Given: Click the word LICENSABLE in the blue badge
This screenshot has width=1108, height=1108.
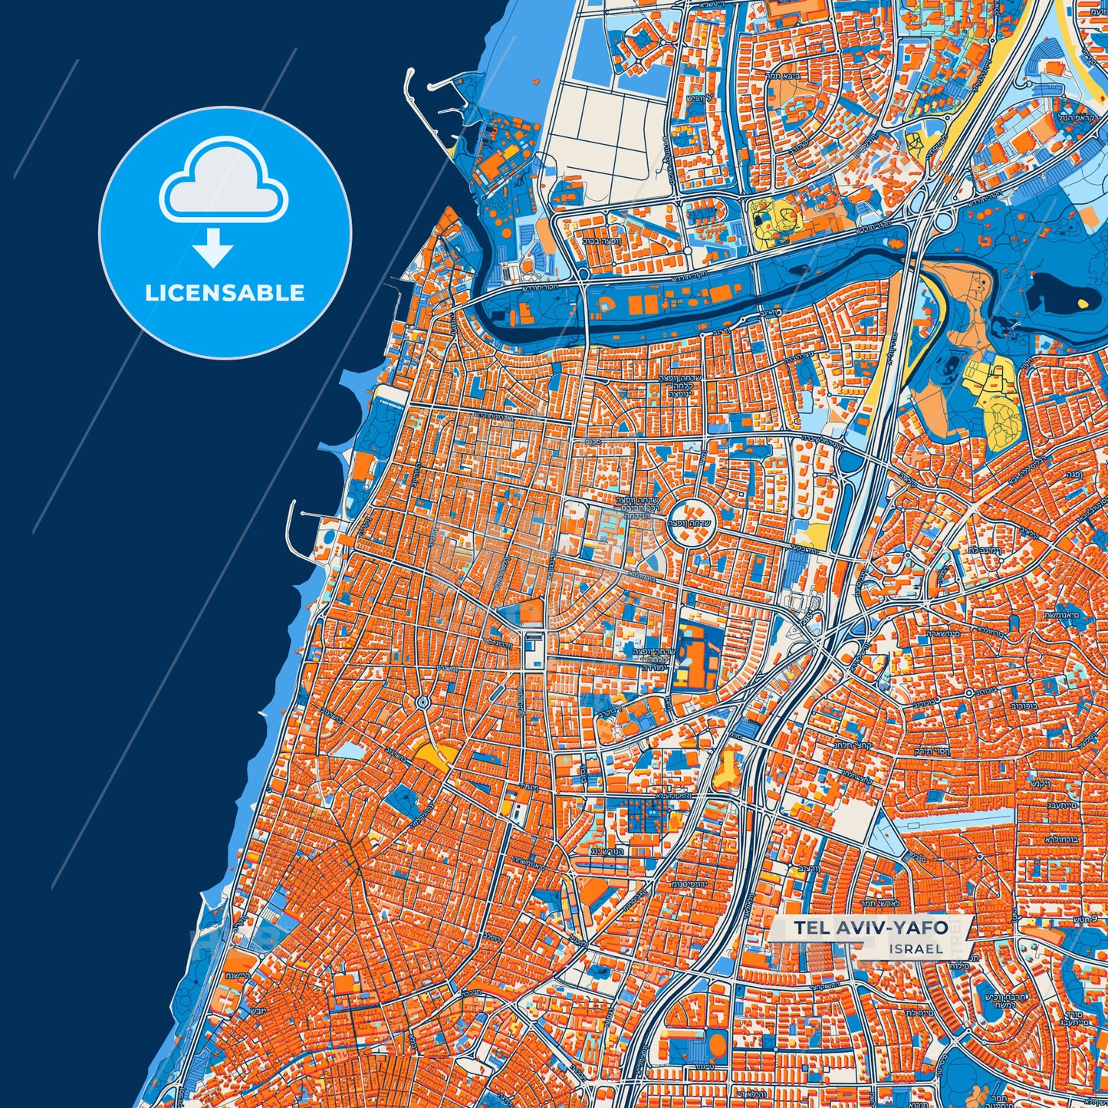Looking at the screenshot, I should (225, 293).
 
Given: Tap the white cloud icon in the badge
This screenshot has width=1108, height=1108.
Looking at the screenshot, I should (223, 181).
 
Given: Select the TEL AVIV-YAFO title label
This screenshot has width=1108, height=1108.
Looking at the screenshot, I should (870, 928).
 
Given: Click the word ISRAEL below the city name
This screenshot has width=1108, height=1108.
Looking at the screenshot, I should (916, 949).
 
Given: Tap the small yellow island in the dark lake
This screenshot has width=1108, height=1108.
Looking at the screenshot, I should (1082, 303).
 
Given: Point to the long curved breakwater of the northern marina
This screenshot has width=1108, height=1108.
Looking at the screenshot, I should (420, 115).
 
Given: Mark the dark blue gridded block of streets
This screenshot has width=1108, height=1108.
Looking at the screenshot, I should (648, 813).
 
